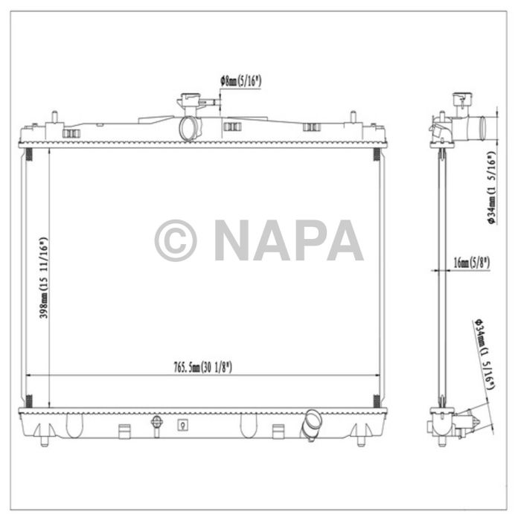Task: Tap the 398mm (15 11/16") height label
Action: pos(44,278)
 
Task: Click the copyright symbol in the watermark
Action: pos(176,240)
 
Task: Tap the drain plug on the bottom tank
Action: pos(156,424)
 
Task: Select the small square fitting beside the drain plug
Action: pos(182,426)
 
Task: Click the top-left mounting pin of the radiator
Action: pos(54,117)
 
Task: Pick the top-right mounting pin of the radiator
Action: pos(352,117)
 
